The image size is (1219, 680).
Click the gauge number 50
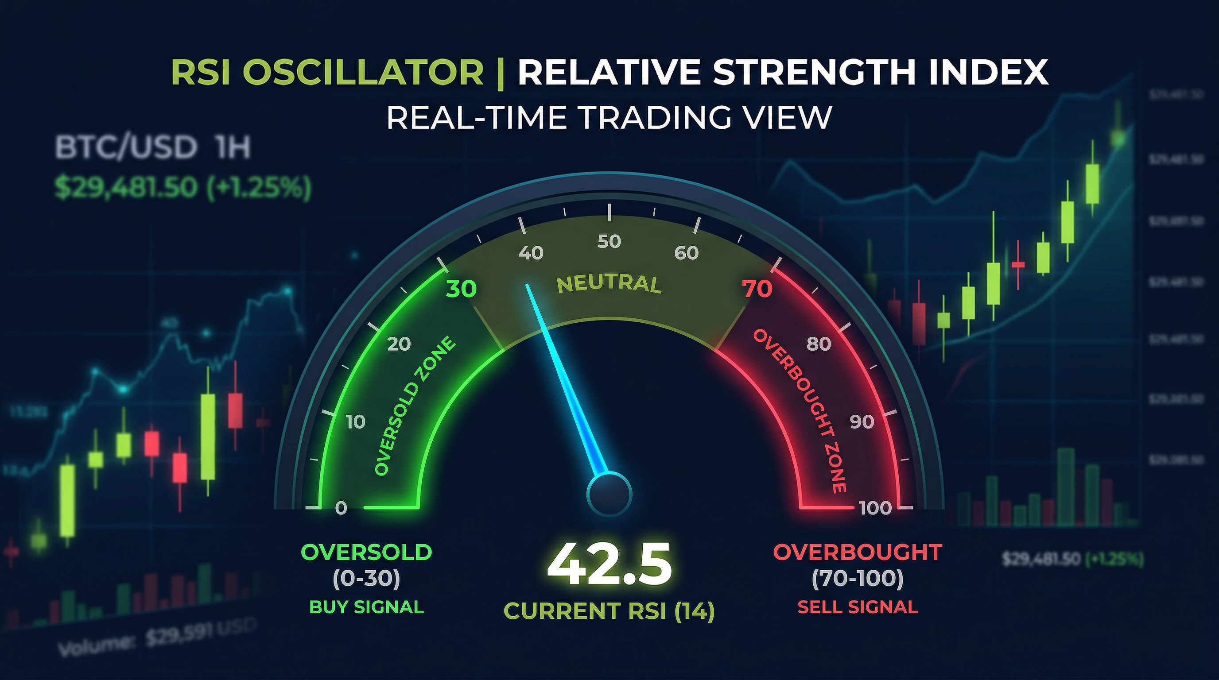pos(609,242)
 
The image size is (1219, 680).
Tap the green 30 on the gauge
pos(462,288)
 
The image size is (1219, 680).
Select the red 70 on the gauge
pos(757,288)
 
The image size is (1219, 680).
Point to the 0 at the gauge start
pos(341,508)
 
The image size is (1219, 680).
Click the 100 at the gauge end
pos(875,508)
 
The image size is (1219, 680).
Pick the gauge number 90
pos(861,421)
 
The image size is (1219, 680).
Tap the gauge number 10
pos(356,421)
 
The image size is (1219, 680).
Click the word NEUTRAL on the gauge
pos(609,284)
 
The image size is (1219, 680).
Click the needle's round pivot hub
pos(609,495)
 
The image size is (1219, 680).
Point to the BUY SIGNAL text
pos(366,607)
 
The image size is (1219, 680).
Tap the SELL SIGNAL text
pos(858,607)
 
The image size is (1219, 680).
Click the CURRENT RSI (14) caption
pos(609,610)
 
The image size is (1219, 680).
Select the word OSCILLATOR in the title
pos(363,72)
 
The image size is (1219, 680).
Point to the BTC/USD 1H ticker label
pos(152,147)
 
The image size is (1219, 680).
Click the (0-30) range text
pos(366,579)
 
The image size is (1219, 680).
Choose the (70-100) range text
pos(858,579)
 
